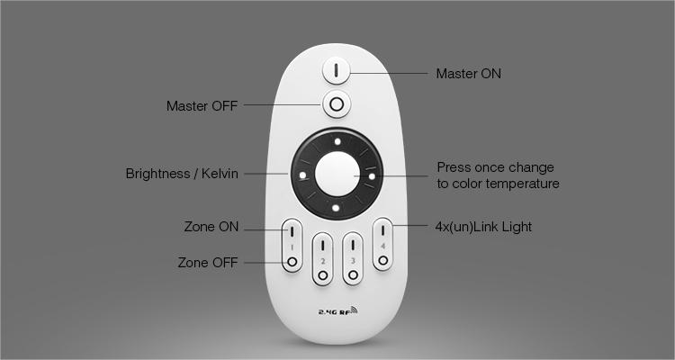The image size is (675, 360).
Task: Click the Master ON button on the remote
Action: (337, 70)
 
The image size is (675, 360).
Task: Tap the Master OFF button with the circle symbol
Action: (337, 104)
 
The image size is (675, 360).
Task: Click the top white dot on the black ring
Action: (337, 141)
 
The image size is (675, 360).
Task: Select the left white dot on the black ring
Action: (302, 175)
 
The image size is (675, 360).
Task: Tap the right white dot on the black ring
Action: (372, 175)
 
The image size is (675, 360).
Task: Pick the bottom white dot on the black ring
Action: (336, 209)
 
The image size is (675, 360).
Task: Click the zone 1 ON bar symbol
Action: (292, 231)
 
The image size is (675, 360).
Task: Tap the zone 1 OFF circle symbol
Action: (292, 262)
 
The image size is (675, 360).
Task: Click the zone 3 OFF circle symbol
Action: (353, 275)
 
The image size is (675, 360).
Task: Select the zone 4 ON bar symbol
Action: (382, 230)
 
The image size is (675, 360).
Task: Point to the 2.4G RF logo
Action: (337, 310)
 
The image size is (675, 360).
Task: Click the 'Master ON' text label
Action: (468, 74)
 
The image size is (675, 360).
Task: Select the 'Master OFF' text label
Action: (202, 106)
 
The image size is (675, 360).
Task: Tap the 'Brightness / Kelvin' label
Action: (182, 174)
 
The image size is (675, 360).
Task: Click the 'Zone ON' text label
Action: (211, 227)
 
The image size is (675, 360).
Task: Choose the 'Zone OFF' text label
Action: (208, 262)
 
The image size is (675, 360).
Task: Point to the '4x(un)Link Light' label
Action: (483, 227)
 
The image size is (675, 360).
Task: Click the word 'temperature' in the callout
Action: (522, 184)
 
